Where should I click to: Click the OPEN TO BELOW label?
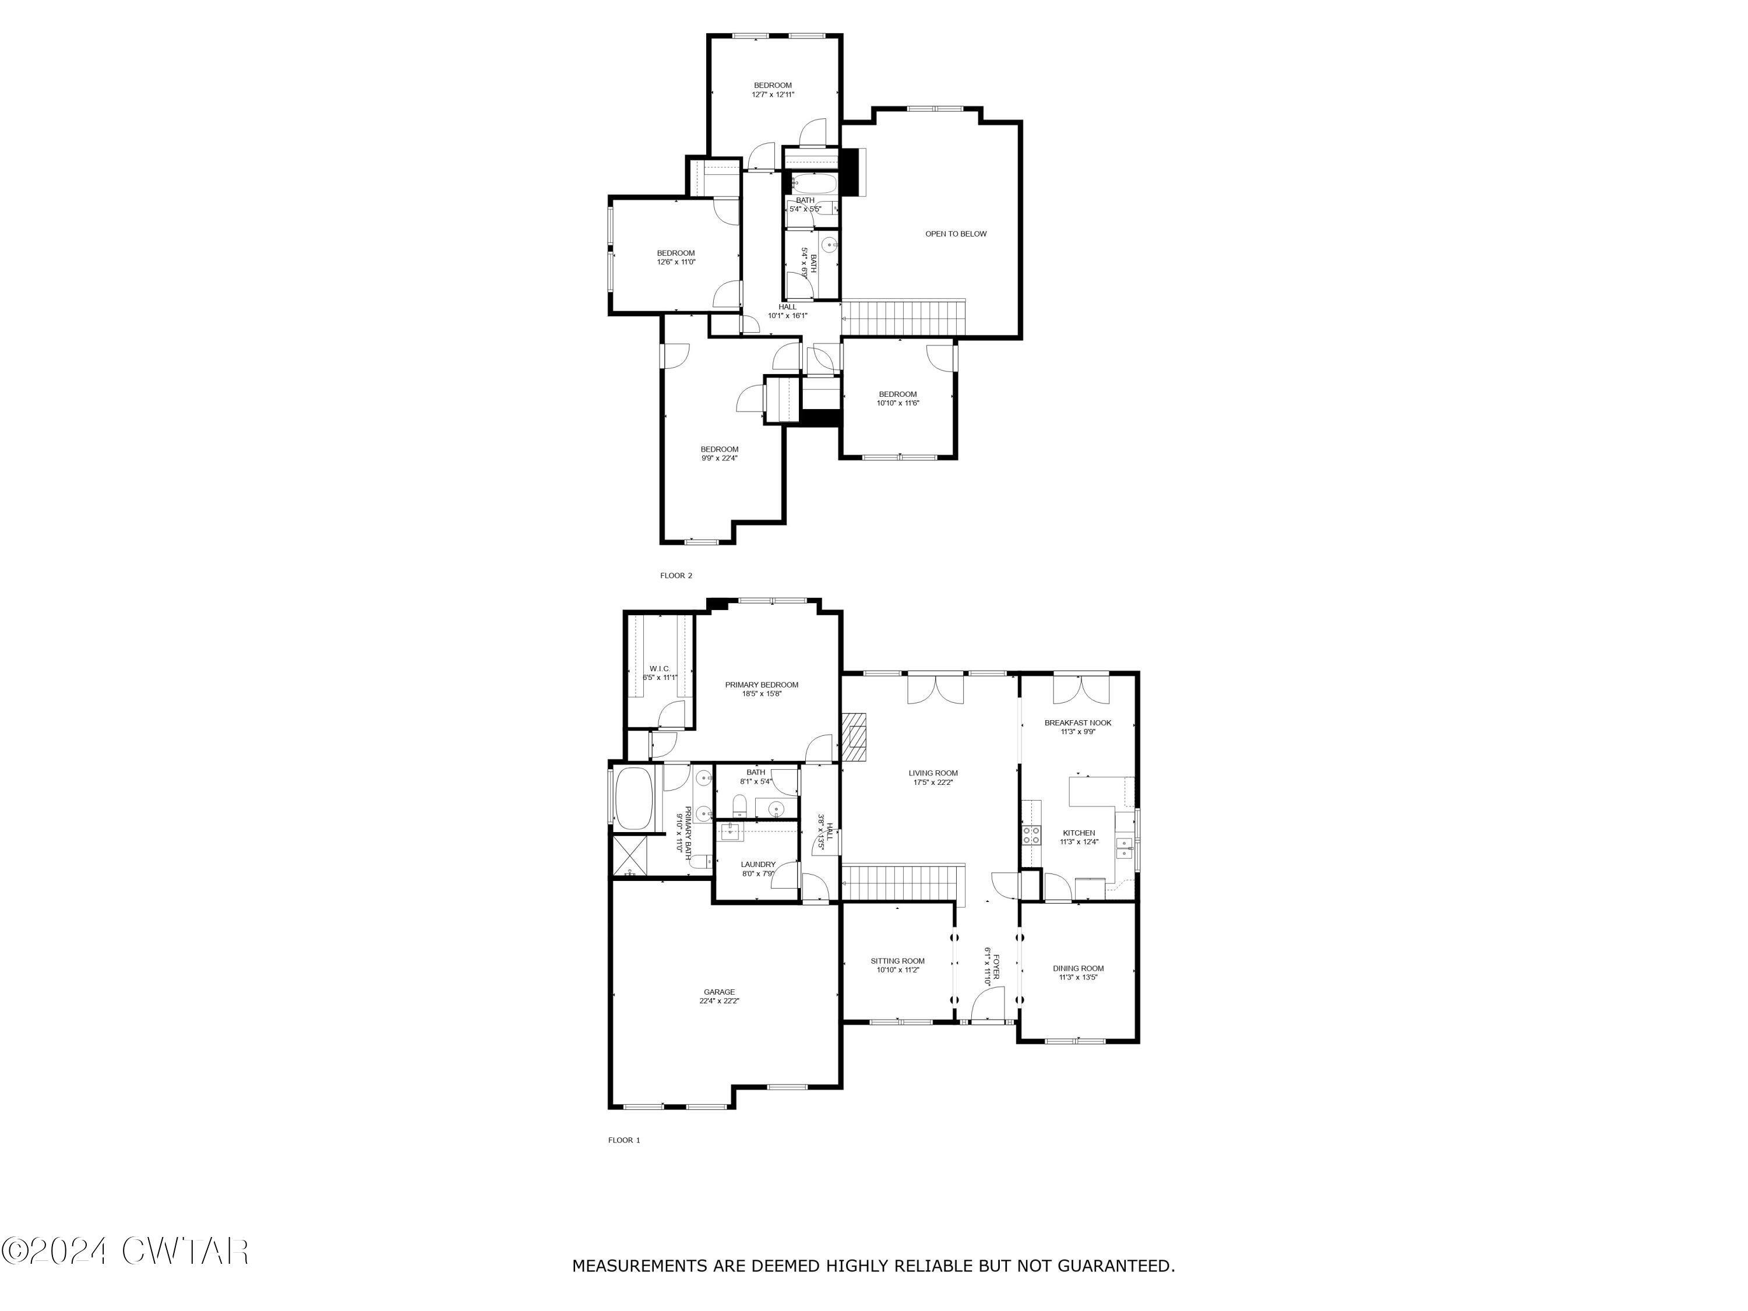click(956, 234)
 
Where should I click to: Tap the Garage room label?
click(719, 992)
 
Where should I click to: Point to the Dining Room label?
click(1078, 968)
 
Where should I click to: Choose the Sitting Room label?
click(898, 961)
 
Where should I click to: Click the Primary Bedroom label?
click(761, 685)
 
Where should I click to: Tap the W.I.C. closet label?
click(660, 668)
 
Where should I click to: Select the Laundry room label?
click(758, 865)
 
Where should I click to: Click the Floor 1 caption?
click(623, 1140)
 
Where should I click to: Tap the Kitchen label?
click(1078, 833)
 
